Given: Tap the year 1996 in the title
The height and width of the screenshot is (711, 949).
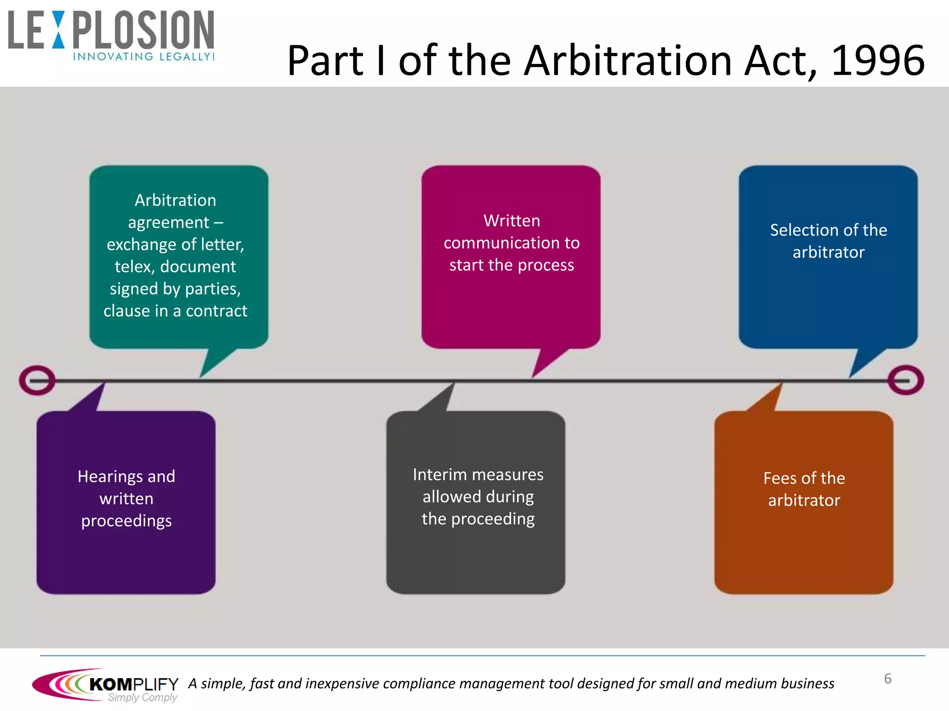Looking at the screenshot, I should point(878,61).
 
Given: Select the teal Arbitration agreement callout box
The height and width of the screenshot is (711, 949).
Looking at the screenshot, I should point(178,257).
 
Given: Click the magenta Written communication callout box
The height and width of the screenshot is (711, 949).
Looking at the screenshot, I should point(511,257).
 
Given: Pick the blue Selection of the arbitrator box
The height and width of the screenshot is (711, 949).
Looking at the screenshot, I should point(828,257).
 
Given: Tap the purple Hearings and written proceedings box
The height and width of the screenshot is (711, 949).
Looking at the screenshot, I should point(126,502).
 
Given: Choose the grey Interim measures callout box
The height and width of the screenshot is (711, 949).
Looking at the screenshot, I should point(476,502).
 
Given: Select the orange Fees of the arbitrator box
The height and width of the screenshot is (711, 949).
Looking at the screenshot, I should point(803,502).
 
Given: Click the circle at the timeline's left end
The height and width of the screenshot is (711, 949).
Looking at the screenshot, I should point(37,380).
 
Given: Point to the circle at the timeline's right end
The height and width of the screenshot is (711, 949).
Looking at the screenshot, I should point(905,380).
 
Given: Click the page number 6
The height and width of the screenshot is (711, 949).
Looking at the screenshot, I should point(887,679).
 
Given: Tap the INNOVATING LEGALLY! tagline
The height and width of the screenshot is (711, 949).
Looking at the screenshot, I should point(144,56).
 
